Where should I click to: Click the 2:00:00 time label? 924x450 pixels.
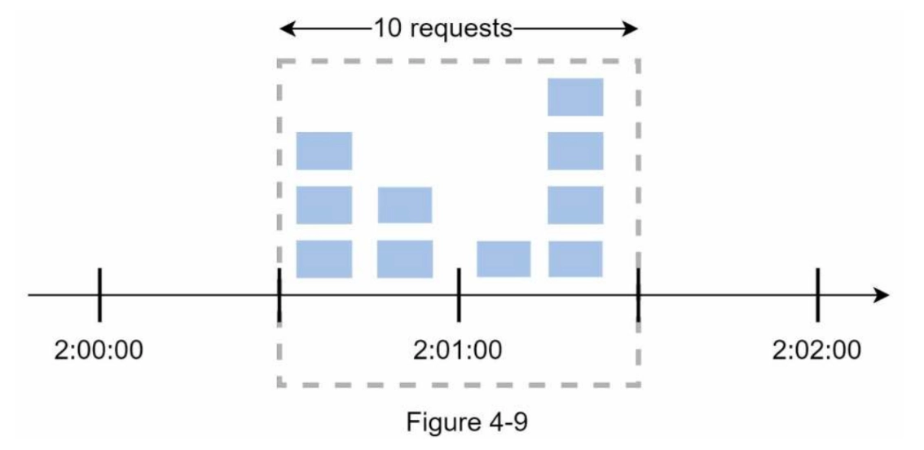coord(99,351)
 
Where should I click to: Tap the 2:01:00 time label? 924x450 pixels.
coord(458,351)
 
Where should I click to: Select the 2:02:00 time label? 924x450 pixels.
coord(816,351)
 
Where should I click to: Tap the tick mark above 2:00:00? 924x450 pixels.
coord(99,295)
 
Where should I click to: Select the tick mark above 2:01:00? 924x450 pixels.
coord(459,295)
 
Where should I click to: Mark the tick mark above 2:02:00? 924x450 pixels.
coord(818,295)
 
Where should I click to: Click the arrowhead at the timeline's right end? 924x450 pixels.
coord(881,295)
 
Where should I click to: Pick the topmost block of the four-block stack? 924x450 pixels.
coord(575,97)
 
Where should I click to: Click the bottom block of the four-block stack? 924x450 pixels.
coord(575,259)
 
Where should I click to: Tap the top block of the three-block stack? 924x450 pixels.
coord(324,151)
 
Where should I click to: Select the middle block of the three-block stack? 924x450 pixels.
coord(324,205)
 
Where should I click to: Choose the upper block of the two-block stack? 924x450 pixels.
coord(405,205)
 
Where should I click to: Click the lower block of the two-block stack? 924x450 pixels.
coord(405,259)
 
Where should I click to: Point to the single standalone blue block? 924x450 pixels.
coord(504,259)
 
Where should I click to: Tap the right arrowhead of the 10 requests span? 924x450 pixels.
coord(630,28)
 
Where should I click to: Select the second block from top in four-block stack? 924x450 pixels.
coord(575,151)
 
